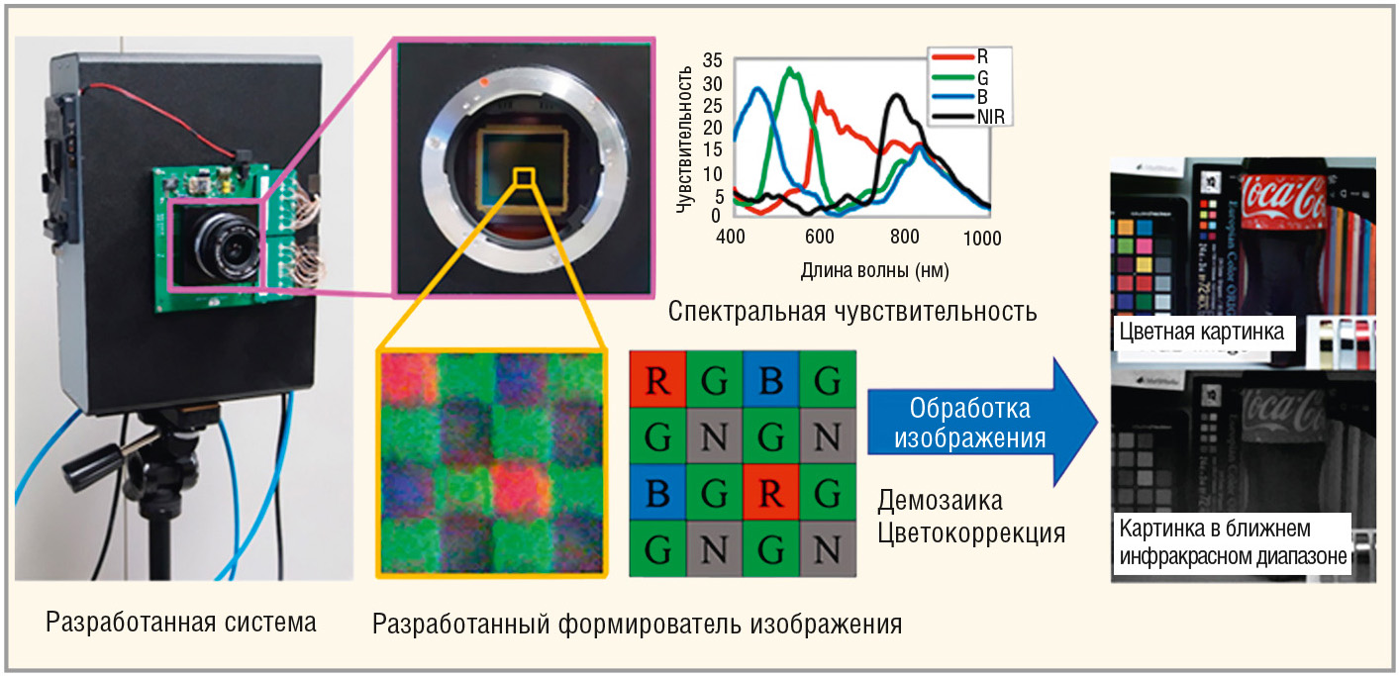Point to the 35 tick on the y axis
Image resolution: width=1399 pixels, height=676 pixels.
click(x=712, y=59)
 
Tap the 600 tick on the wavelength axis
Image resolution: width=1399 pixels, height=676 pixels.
click(x=817, y=238)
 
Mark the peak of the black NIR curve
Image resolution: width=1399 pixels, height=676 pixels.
click(x=897, y=96)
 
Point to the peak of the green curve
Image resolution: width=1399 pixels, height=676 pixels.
click(x=789, y=69)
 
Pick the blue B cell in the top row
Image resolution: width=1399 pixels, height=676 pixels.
click(x=770, y=378)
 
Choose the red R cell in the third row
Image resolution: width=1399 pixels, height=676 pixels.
click(x=770, y=492)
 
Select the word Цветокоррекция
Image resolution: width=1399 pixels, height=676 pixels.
click(x=970, y=532)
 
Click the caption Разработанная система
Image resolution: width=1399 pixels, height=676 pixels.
click(x=181, y=623)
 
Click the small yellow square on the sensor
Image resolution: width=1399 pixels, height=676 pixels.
click(x=525, y=176)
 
